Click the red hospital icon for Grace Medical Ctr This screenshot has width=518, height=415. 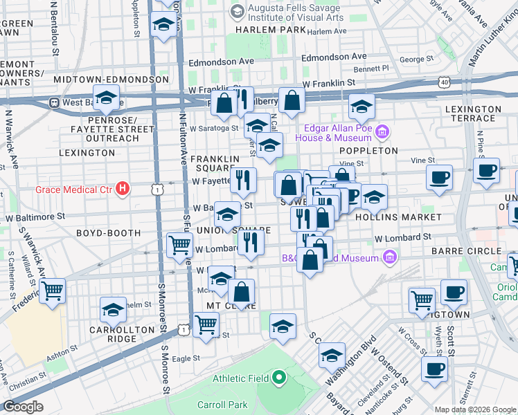point(123,187)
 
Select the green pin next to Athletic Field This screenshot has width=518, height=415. point(278,378)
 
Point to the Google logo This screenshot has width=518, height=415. point(23,407)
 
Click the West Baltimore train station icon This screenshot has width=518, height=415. point(53,102)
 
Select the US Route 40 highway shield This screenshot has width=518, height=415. point(442,82)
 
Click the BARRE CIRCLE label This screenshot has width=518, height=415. point(474,250)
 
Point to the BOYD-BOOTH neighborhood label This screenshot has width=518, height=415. point(108,233)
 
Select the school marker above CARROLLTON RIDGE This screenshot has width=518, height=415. point(113,310)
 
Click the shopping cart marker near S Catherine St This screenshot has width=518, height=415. point(52,290)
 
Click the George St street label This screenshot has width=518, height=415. point(416,59)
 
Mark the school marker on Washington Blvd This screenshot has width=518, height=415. point(332,356)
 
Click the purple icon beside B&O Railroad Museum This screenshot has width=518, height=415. point(388,259)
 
